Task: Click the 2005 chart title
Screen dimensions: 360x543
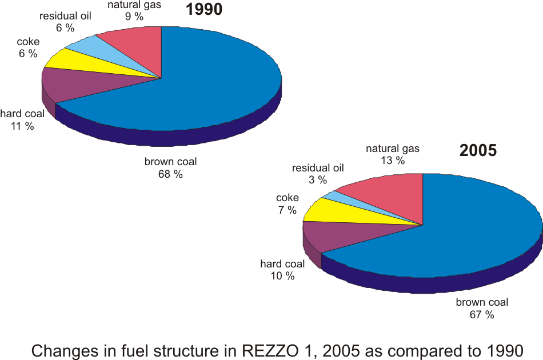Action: coord(478,151)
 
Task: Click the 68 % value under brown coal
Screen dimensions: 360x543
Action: coord(170,174)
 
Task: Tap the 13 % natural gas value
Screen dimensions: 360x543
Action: coord(392,161)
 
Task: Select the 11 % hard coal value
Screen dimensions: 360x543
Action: coord(22,126)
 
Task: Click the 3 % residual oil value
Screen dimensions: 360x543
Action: coord(318,180)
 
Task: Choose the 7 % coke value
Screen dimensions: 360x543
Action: coord(287,210)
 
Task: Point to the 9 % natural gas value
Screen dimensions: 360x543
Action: coord(134,17)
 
